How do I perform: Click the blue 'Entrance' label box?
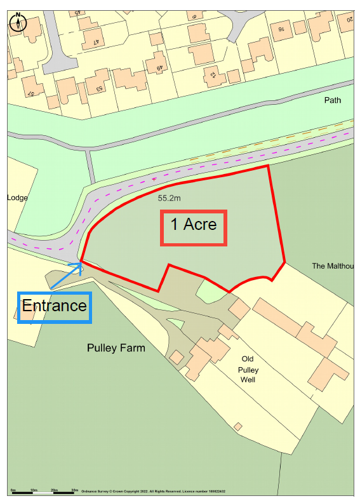pos(55,307)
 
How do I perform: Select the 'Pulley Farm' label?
pos(116,348)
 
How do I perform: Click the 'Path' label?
pos(332,100)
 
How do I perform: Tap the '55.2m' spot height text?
pos(170,198)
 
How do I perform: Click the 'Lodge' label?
pos(17,198)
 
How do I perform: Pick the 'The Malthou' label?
pos(331,266)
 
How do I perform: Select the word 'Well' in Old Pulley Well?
pos(248,380)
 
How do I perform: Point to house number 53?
pos(100,88)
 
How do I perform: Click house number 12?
pos(212,76)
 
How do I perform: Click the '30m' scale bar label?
pos(74,490)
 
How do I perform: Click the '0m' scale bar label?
pos(13,490)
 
